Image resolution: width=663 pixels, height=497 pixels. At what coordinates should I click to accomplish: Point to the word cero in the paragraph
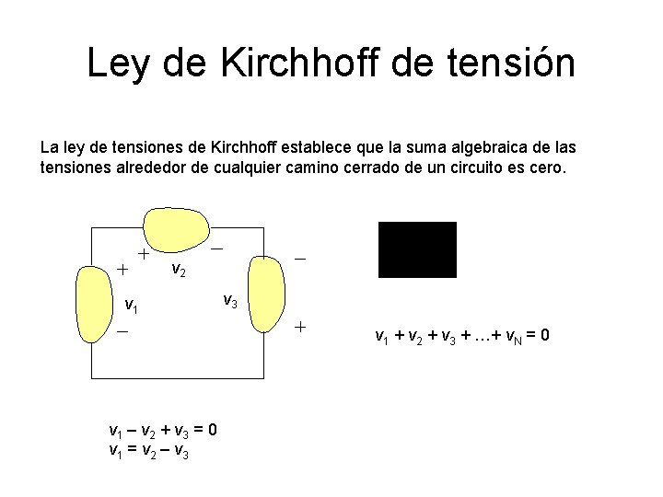pos(549,169)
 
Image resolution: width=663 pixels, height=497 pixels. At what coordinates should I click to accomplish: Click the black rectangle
pos(417,249)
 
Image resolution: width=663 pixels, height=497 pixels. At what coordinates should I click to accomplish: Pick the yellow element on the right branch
pos(266,294)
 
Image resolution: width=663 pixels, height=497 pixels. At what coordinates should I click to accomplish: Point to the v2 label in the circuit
pos(180,270)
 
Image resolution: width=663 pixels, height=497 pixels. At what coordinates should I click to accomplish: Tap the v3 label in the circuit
pos(230,300)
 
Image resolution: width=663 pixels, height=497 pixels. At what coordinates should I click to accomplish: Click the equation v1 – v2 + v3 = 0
pos(162,431)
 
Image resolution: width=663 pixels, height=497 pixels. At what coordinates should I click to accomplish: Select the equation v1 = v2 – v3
pos(148,450)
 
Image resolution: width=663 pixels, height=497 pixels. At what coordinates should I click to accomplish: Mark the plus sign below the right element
pos(298,328)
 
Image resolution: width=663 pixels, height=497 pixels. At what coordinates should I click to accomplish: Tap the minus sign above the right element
pos(299,260)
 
